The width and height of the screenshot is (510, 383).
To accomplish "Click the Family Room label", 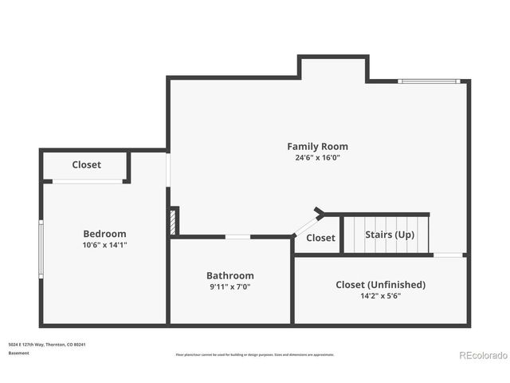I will pos(317,146).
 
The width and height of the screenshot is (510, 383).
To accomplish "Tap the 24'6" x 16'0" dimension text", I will pos(317,158).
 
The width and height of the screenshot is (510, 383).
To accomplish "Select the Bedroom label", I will pos(104,234).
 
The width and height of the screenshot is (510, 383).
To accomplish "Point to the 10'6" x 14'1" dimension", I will pos(104,245).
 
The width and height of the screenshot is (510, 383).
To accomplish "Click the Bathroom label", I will pos(229,275).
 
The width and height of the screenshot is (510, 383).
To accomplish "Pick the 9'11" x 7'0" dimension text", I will pos(229,286).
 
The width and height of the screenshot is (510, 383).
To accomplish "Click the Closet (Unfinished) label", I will pos(380,284).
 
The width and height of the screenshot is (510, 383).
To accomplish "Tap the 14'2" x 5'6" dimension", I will pos(380,295).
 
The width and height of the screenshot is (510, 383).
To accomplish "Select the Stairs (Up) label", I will pos(390,235).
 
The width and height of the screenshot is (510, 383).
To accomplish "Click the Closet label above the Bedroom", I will pos(86,164).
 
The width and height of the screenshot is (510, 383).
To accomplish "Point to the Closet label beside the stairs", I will pos(320,238).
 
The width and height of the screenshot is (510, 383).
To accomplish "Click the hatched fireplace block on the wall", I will pos(173,220).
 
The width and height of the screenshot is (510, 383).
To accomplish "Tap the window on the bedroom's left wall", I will pos(41,247).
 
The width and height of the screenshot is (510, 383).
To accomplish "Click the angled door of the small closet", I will pos(306,225).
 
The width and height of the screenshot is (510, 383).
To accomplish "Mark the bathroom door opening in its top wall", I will pos(237,236).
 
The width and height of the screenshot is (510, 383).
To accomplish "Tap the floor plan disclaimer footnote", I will pos(254,354).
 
